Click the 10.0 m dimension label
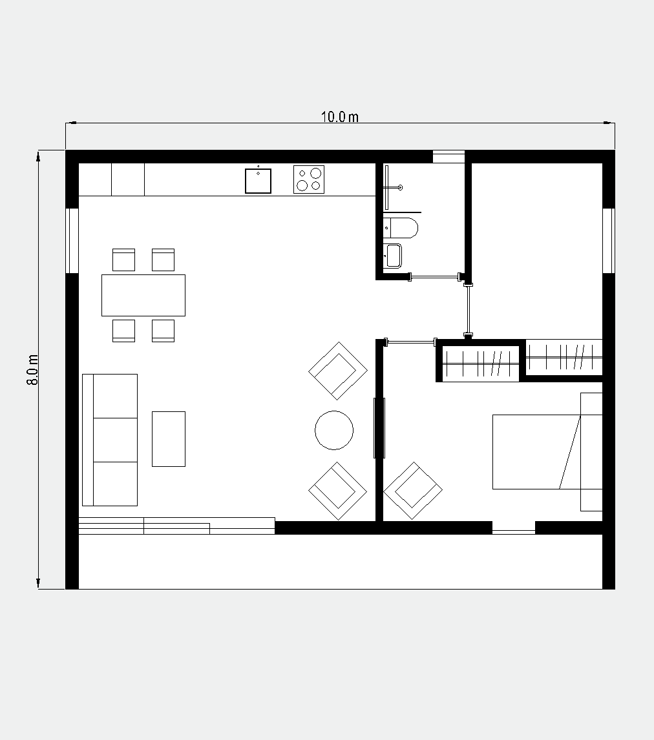click(339, 117)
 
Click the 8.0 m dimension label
click(32, 369)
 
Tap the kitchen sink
click(258, 181)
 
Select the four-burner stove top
click(309, 180)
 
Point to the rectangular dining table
click(143, 296)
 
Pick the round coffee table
click(334, 430)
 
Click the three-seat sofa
click(110, 440)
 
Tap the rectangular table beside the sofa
click(169, 439)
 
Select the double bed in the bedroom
click(547, 451)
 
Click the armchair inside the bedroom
click(413, 491)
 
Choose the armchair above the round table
click(338, 371)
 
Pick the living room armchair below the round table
click(337, 491)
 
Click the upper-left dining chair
click(123, 260)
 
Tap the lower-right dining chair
click(163, 331)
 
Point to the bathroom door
click(434, 276)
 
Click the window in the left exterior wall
click(72, 241)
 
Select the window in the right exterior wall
click(609, 241)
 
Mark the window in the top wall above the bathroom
click(448, 157)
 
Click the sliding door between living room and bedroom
click(379, 428)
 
